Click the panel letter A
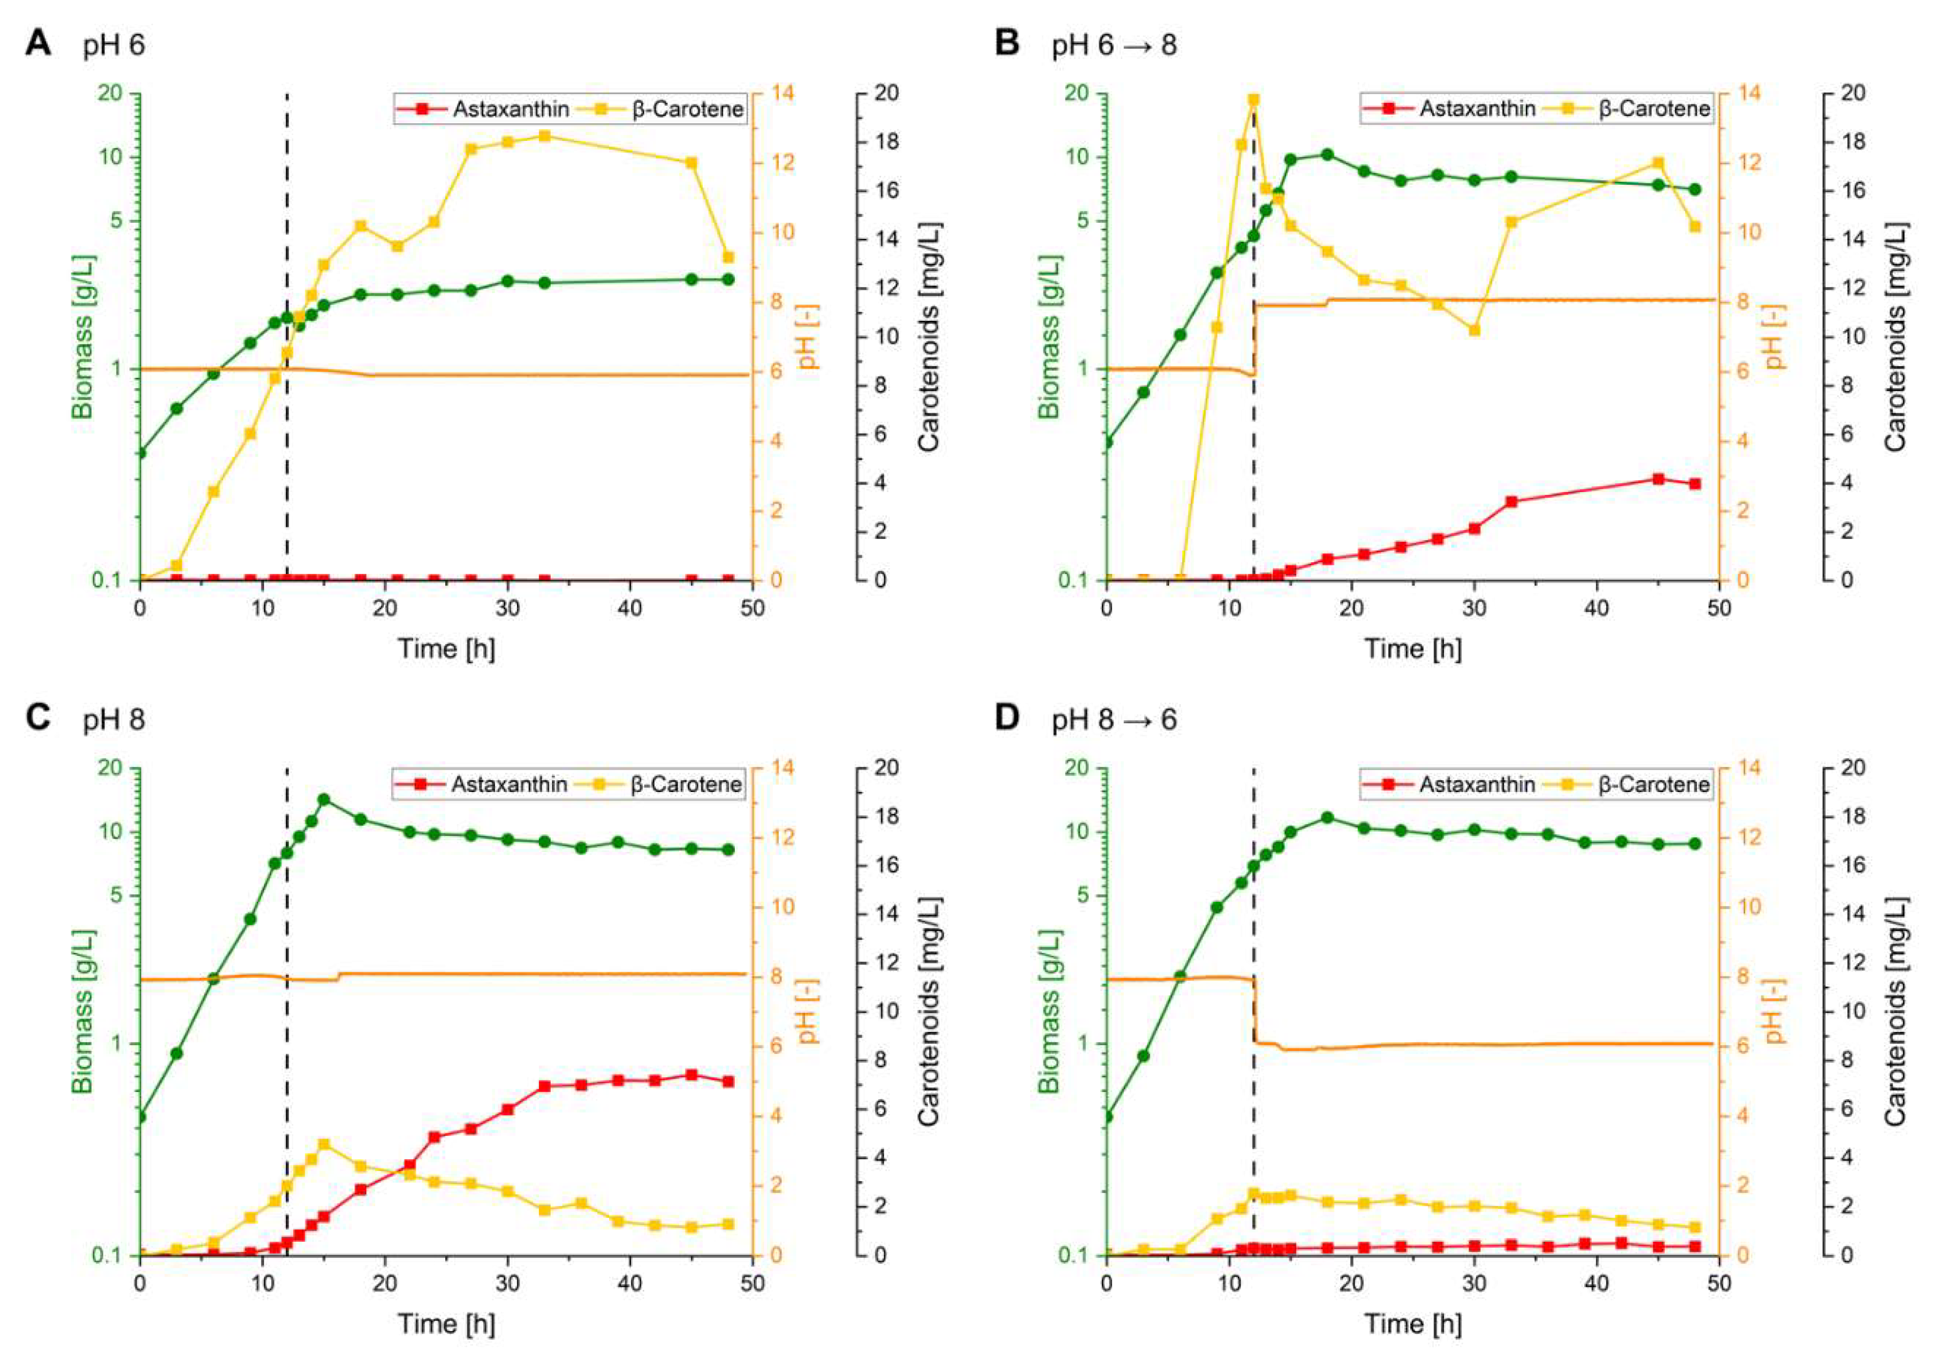point(38,42)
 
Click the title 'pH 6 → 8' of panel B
point(1114,45)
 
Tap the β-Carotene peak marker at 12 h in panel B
point(1253,100)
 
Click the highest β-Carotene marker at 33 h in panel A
point(545,136)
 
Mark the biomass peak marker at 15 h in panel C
point(323,799)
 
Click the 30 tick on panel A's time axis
point(507,608)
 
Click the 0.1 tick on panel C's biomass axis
point(110,1255)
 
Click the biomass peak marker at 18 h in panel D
point(1328,818)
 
